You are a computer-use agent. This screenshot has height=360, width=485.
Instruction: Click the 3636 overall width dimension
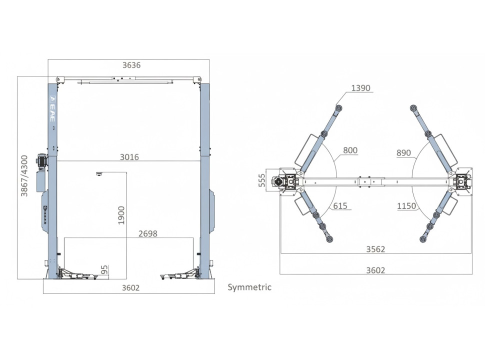131,65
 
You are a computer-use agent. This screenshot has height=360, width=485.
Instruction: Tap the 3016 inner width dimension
129,157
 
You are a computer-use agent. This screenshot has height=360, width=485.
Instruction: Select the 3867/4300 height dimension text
24,175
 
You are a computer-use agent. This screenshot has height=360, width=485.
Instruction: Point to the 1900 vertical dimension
121,215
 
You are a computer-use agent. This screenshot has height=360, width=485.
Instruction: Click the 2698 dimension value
148,233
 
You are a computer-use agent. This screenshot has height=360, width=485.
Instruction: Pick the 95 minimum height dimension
104,269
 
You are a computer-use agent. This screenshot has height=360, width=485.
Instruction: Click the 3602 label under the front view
130,288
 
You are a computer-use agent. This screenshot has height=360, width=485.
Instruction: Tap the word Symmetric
249,287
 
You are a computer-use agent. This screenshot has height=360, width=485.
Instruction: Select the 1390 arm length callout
360,88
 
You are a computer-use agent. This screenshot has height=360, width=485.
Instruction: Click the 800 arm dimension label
350,150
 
